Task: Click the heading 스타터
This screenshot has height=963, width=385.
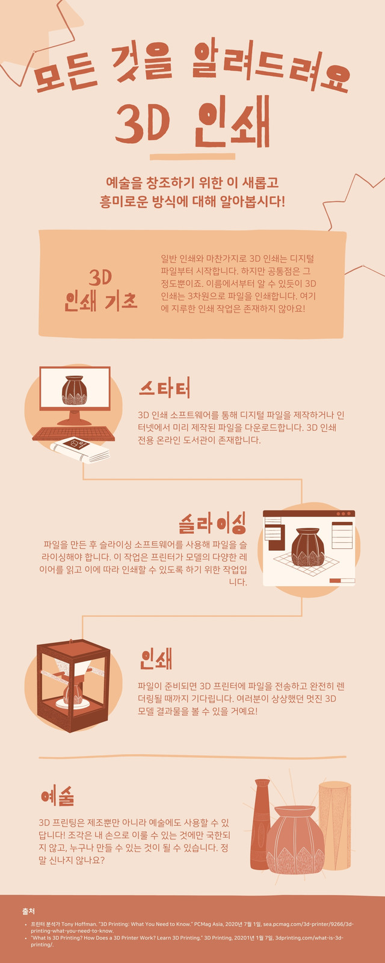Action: tap(165, 388)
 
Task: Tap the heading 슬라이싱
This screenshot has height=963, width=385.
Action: tap(212, 523)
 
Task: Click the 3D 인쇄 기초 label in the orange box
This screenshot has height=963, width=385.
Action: tap(100, 290)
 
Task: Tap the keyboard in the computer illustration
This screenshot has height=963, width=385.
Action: tap(73, 433)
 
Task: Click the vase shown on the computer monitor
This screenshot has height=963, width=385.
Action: tap(75, 390)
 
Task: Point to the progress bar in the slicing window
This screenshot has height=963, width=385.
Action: tap(342, 581)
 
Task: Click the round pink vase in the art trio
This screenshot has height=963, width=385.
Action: tap(295, 840)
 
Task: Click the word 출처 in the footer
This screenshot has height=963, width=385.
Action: tap(29, 911)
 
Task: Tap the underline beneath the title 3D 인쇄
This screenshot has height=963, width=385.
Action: tap(192, 157)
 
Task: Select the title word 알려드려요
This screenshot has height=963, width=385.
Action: tap(271, 64)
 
